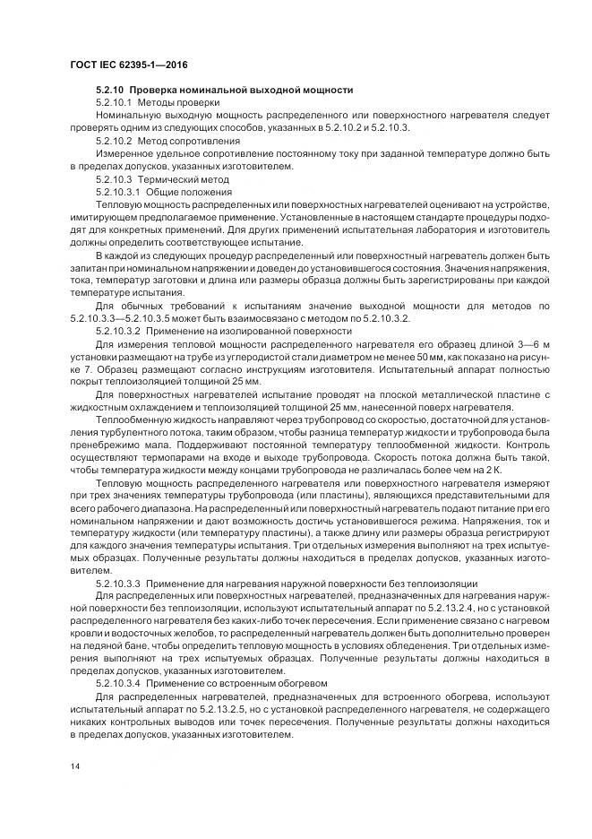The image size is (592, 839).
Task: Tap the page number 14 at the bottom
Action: coord(73,765)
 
